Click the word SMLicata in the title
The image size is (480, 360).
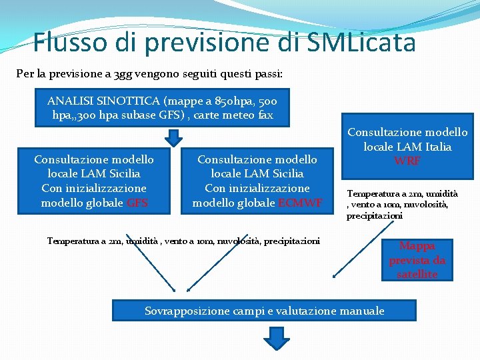point(362,43)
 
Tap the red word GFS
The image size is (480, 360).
point(137,203)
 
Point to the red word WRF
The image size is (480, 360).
point(407,161)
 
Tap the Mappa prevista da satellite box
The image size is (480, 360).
point(417,260)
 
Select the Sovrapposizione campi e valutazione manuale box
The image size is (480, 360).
point(264,311)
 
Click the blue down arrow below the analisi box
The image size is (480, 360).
point(173,137)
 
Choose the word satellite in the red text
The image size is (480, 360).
point(417,274)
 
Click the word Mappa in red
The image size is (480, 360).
point(417,246)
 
